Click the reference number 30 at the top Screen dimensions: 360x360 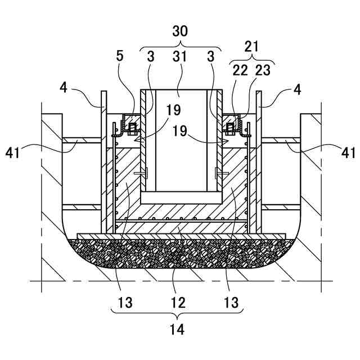tap(180, 32)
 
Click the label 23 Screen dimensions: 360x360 tap(262, 70)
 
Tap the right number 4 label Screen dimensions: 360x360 tap(296, 88)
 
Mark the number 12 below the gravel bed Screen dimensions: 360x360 tap(179, 302)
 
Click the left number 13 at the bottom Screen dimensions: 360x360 tap(125, 302)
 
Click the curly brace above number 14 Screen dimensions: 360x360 tap(178, 313)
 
